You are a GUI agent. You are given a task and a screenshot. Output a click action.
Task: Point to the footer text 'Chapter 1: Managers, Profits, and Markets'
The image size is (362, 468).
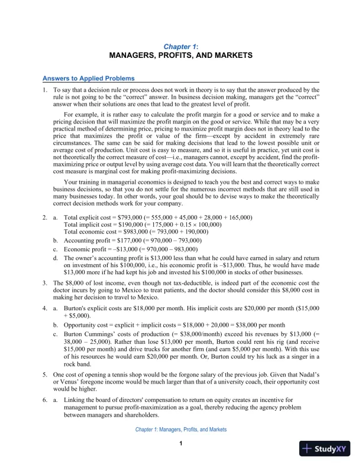pos(181,430)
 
